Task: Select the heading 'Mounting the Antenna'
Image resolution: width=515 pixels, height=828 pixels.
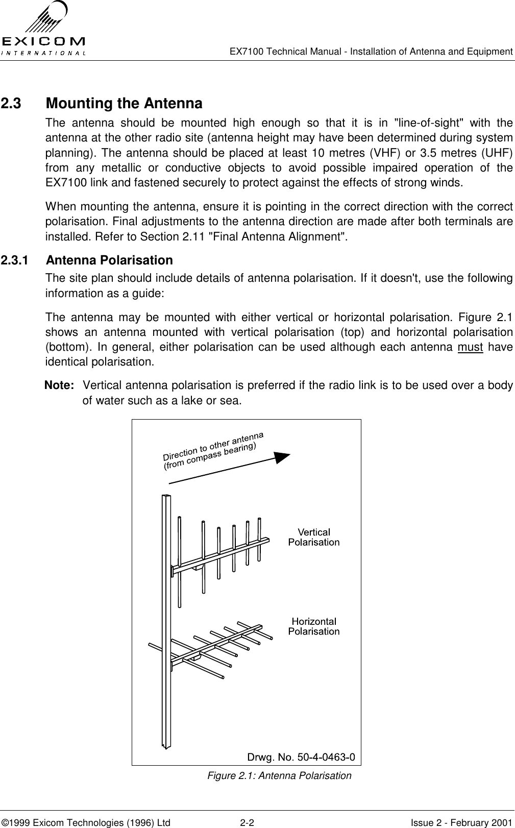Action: click(x=124, y=104)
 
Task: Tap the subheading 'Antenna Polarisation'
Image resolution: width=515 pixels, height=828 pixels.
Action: click(x=109, y=260)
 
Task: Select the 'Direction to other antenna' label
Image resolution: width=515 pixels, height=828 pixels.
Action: click(x=213, y=445)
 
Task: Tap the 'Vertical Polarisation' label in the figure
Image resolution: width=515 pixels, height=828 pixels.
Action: click(x=313, y=538)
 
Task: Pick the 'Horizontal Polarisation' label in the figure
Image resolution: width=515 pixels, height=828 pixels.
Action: click(x=313, y=626)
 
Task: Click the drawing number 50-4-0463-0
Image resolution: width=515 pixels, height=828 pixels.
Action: click(x=301, y=756)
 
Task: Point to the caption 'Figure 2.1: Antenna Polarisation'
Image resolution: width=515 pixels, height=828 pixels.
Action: click(x=279, y=776)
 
